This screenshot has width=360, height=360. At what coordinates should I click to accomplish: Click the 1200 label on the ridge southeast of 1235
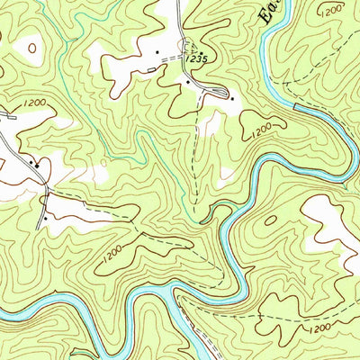[258, 131]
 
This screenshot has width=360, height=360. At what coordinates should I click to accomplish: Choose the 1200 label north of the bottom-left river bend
[111, 256]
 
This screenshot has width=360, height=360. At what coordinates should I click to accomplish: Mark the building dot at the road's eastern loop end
[230, 97]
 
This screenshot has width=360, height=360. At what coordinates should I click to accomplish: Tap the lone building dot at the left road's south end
[44, 217]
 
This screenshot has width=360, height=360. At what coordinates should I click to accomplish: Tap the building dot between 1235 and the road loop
[187, 82]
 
